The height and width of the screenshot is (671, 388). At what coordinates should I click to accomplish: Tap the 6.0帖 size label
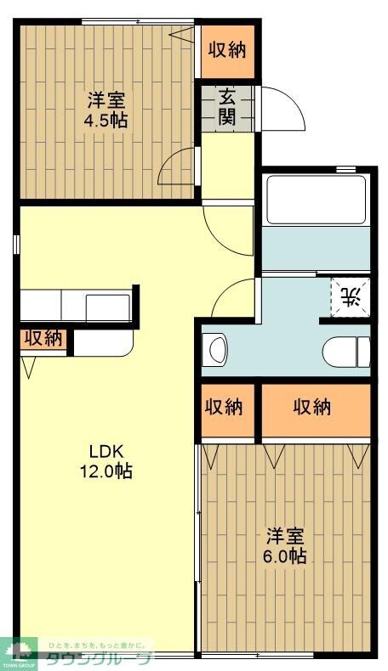(285, 557)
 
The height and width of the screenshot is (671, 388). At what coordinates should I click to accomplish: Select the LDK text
(106, 451)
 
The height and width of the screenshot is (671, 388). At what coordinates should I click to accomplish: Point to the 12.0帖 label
(106, 471)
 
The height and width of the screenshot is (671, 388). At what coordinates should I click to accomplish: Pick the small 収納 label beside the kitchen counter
(43, 338)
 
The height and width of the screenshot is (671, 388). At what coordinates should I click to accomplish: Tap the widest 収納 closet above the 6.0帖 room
(316, 407)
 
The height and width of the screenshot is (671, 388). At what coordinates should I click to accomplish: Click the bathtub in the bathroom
(315, 200)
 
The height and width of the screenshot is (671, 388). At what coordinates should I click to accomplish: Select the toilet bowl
(347, 350)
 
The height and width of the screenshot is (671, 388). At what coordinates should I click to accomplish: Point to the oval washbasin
(216, 350)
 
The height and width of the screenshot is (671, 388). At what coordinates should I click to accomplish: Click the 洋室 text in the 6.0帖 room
(285, 537)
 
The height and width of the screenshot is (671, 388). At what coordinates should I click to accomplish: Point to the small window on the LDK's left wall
(16, 244)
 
